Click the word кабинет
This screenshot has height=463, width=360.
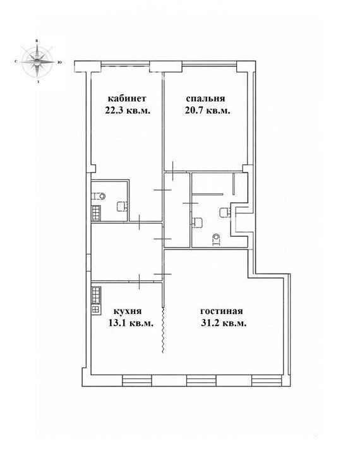tap(126, 99)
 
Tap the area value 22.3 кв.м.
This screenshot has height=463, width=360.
tap(128, 111)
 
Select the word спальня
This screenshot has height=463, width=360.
tap(205, 99)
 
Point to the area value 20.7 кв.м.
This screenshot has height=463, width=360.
tap(207, 111)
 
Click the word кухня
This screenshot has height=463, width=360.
tap(128, 311)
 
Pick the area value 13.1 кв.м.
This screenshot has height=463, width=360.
tap(131, 323)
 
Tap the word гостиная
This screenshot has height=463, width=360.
tap(222, 311)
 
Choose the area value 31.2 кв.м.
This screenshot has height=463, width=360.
tap(224, 323)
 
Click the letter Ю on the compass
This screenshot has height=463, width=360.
tap(59, 63)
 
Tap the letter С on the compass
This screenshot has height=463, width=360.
tap(15, 62)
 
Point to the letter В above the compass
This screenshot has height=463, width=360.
tap(37, 41)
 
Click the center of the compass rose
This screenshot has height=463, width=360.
tap(37, 62)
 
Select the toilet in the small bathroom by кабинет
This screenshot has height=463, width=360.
tap(100, 195)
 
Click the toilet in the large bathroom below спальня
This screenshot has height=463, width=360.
tap(217, 239)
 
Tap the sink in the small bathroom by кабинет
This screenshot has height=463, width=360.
tap(121, 206)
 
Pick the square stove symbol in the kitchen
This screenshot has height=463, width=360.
tap(96, 309)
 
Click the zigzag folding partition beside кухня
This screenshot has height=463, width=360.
tap(163, 330)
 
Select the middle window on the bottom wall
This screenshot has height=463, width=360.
tap(201, 380)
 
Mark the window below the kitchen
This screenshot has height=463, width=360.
tap(137, 380)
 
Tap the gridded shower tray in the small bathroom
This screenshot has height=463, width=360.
tap(96, 213)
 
